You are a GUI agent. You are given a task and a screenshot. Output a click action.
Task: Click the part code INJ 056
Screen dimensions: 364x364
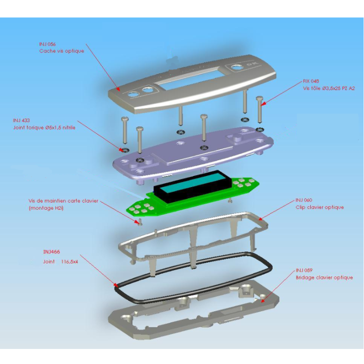point(47,44)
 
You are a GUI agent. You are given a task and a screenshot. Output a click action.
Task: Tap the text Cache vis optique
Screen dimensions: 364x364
point(61,51)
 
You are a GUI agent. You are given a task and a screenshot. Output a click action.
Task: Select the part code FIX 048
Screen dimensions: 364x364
point(311,81)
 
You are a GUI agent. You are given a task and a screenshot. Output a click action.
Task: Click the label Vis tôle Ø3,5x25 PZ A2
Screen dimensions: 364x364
point(329,88)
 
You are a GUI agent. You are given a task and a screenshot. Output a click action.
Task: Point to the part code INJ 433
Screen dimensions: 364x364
point(21,120)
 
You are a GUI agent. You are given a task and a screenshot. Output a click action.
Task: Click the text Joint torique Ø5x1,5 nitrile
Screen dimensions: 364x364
point(44,127)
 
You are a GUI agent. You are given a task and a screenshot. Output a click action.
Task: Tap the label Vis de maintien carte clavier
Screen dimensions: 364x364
point(63,201)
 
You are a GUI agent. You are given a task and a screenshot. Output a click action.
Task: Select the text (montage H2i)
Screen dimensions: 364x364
point(46,208)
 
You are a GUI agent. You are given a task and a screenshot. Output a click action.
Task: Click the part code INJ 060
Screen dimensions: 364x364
point(304,200)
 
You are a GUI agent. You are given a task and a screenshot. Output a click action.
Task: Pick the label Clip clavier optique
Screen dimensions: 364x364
point(320,207)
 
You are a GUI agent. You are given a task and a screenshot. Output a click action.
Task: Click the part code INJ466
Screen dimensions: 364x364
point(51,252)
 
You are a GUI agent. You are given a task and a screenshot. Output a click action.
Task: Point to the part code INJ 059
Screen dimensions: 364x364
point(304,270)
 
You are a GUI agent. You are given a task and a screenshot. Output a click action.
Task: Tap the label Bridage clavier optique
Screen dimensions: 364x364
point(324,278)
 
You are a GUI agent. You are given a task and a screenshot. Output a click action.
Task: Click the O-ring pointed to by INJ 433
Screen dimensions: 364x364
point(125,150)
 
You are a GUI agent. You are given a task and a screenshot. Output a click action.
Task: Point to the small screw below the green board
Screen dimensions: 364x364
point(140,222)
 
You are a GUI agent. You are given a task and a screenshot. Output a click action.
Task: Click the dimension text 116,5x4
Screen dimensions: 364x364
point(70,262)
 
